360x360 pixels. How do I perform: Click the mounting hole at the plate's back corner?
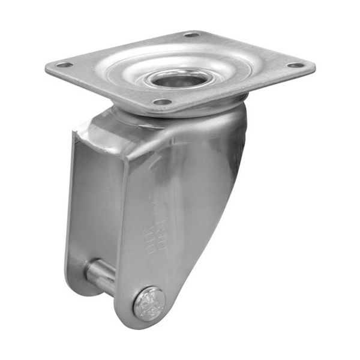[x=192, y=34]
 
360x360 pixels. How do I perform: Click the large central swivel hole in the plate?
[x=179, y=77]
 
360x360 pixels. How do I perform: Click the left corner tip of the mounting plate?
[x=48, y=68]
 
